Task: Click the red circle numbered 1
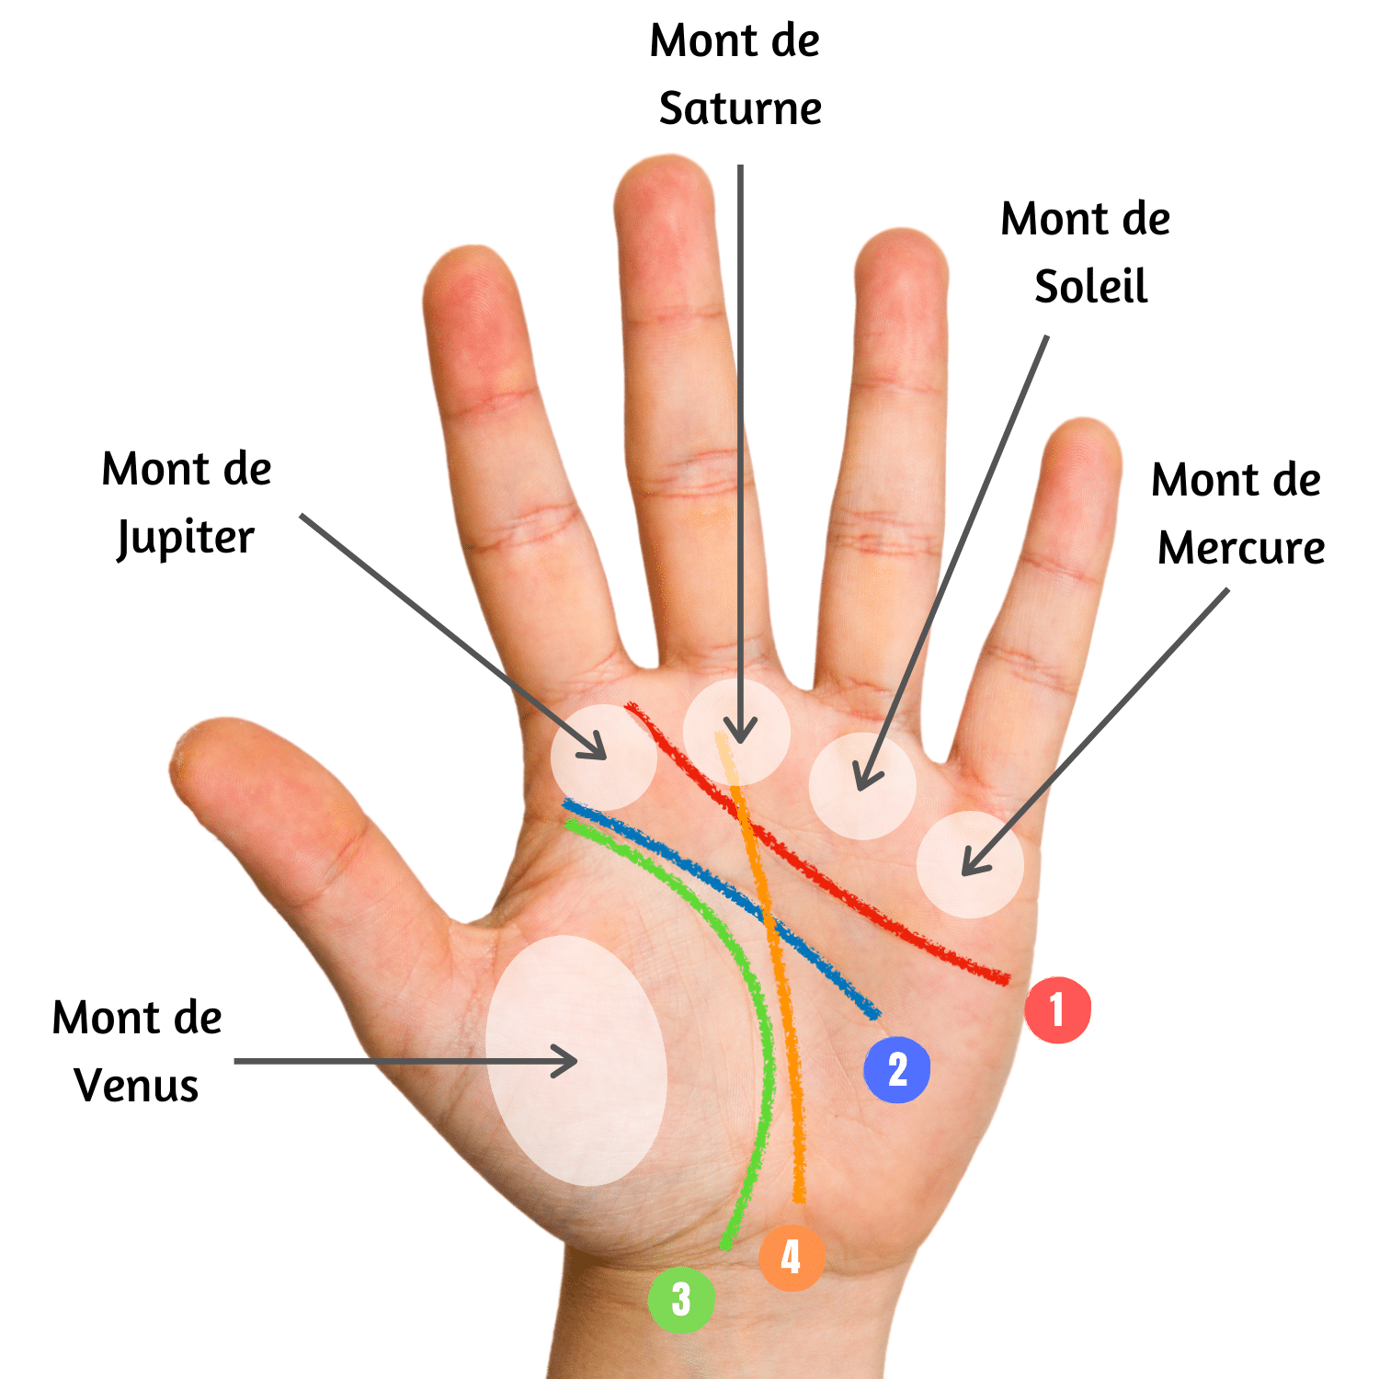pyautogui.click(x=1058, y=1009)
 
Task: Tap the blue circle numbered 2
pyautogui.click(x=897, y=1069)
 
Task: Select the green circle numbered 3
pyautogui.click(x=681, y=1299)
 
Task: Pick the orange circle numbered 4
pyautogui.click(x=792, y=1258)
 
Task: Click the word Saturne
pyautogui.click(x=740, y=109)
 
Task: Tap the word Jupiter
pyautogui.click(x=186, y=539)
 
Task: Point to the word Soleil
pyautogui.click(x=1091, y=288)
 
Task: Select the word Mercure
pyautogui.click(x=1241, y=549)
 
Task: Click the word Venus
pyautogui.click(x=136, y=1086)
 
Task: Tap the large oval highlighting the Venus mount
pyautogui.click(x=576, y=1060)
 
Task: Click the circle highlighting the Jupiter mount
pyautogui.click(x=604, y=758)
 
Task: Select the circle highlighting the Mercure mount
pyautogui.click(x=970, y=864)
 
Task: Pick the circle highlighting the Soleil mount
pyautogui.click(x=862, y=786)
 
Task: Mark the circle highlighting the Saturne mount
pyautogui.click(x=736, y=732)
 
